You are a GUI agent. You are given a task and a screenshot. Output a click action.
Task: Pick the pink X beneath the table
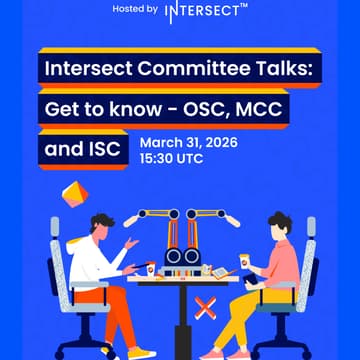tap(205, 309)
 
